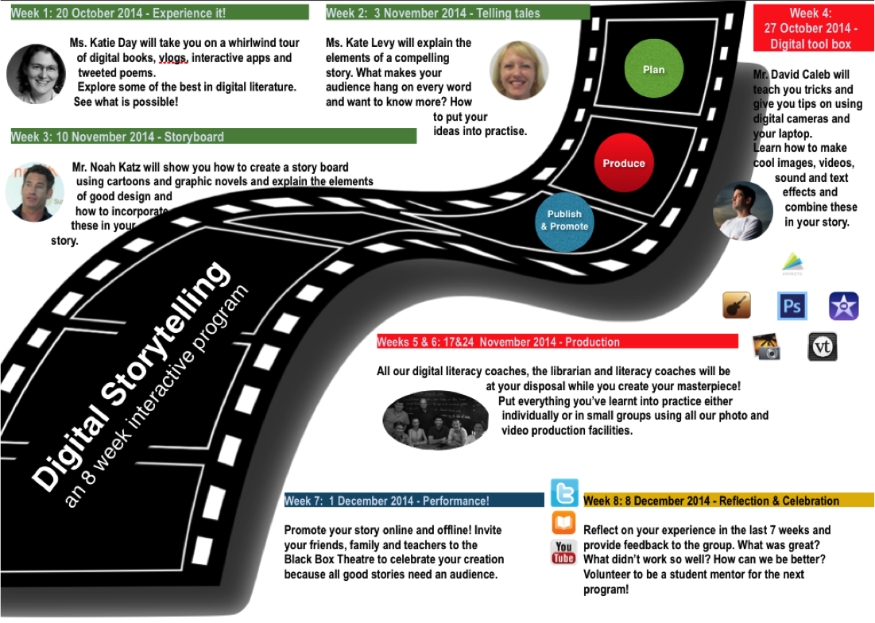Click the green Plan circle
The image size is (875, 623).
pyautogui.click(x=653, y=69)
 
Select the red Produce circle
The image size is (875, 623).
pyautogui.click(x=624, y=163)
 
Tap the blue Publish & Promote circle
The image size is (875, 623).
pyautogui.click(x=564, y=221)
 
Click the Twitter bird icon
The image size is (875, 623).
pyautogui.click(x=564, y=493)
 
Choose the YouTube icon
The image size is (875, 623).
pyautogui.click(x=563, y=551)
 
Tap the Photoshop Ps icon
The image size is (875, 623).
pyautogui.click(x=792, y=306)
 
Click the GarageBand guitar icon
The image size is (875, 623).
pyautogui.click(x=737, y=305)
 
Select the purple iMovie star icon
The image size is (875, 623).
pyautogui.click(x=842, y=306)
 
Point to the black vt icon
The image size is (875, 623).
pyautogui.click(x=822, y=346)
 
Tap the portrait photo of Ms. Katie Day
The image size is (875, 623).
pyautogui.click(x=37, y=74)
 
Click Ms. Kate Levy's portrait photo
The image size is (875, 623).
pyautogui.click(x=518, y=71)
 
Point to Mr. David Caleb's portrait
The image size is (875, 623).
pyautogui.click(x=742, y=211)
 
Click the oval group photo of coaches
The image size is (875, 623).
pyautogui.click(x=435, y=420)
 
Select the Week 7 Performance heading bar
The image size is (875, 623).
pyautogui.click(x=413, y=501)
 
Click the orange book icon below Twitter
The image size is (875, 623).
pyautogui.click(x=563, y=522)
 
